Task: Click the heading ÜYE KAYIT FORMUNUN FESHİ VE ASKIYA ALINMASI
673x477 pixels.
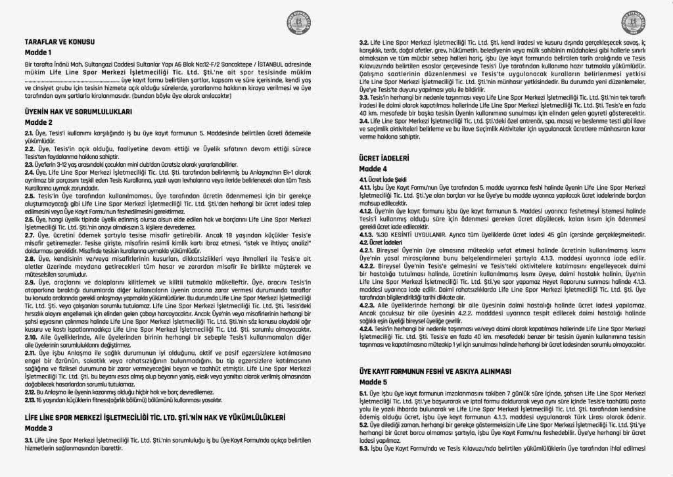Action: pyautogui.click(x=435, y=371)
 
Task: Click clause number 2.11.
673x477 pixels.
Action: pyautogui.click(x=30, y=353)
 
